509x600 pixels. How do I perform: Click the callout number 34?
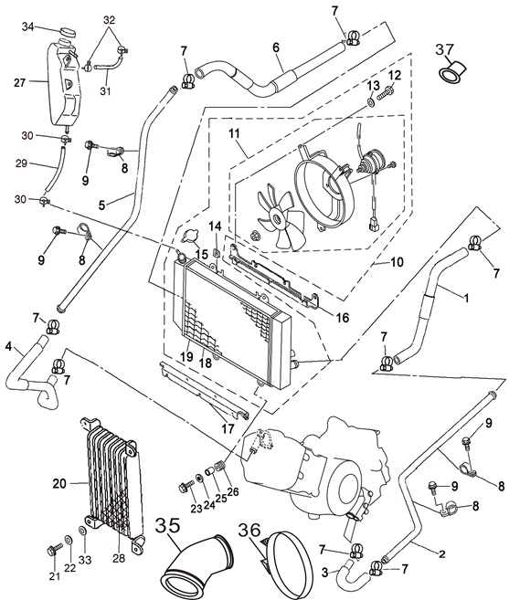click(x=27, y=26)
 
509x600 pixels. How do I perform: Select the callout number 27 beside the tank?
click(x=19, y=83)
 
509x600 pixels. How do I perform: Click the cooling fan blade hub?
click(x=276, y=219)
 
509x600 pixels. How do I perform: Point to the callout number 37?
click(x=444, y=49)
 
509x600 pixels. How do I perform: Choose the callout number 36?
click(x=249, y=530)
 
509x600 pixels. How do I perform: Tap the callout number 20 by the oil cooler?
click(x=59, y=484)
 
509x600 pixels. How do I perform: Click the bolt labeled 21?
click(x=54, y=551)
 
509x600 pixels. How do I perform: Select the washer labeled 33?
click(x=82, y=532)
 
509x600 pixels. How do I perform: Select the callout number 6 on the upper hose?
click(x=276, y=47)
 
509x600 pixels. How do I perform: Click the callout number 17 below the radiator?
click(x=228, y=428)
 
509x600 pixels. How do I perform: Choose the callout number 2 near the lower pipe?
click(x=442, y=553)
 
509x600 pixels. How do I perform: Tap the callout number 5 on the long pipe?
click(x=101, y=205)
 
